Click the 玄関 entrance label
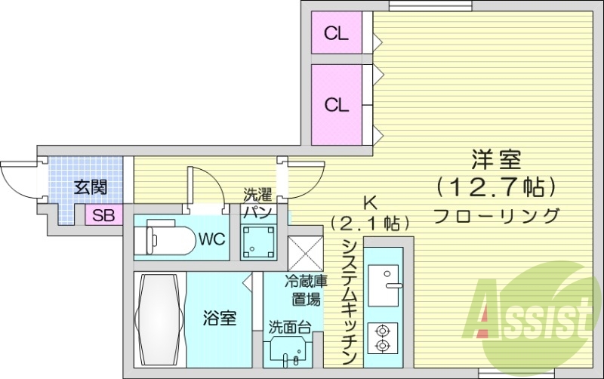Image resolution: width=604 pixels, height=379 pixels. click(x=89, y=188)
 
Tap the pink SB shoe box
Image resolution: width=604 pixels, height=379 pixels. click(x=102, y=215)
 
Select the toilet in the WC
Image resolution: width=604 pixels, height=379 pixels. click(x=162, y=239)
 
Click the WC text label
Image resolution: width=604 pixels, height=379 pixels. click(x=211, y=239)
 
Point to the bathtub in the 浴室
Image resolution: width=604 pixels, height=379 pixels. click(x=159, y=319)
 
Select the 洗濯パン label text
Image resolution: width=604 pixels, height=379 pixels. click(x=257, y=203)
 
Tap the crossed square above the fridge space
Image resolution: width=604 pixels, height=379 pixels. click(x=304, y=251)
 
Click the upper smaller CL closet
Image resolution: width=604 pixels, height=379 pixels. click(x=337, y=33)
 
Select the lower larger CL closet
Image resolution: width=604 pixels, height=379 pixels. click(x=337, y=104)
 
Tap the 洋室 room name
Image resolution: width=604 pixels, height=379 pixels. click(x=497, y=161)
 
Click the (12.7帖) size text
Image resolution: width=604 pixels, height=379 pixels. click(x=497, y=185)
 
